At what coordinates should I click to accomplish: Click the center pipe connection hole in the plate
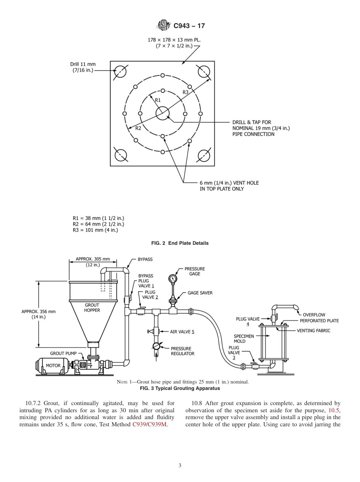[162, 113]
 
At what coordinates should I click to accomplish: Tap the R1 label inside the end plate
[158, 100]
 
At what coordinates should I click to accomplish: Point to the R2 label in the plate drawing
[138, 128]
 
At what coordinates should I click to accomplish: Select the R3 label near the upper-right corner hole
[186, 92]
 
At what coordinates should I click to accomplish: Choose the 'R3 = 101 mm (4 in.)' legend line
[95, 230]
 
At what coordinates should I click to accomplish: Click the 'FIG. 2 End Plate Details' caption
[180, 243]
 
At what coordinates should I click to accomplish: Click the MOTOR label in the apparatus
[53, 366]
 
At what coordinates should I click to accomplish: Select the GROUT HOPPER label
[92, 307]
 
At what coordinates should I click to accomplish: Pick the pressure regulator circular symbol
[156, 346]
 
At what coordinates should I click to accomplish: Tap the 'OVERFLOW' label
[314, 315]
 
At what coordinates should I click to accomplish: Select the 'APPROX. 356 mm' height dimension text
[38, 311]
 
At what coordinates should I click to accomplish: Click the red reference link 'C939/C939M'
[150, 424]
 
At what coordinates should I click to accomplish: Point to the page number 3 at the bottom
[180, 465]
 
